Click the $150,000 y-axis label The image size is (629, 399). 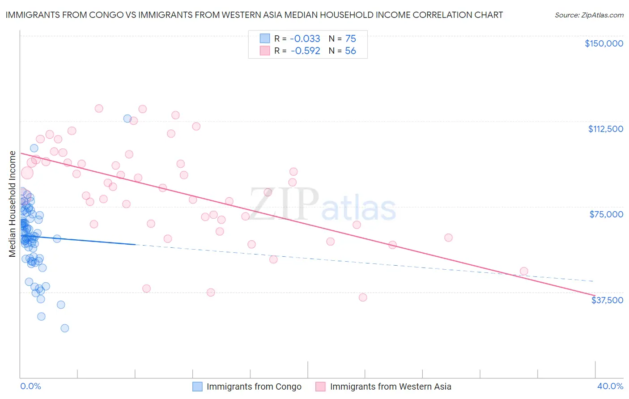click(603, 43)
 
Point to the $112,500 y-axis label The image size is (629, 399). click(605, 129)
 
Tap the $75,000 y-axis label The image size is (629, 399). click(606, 214)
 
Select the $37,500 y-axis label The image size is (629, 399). click(607, 300)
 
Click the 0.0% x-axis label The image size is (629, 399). click(30, 386)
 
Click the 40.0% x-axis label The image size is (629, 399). click(610, 386)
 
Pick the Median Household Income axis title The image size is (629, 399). click(13, 204)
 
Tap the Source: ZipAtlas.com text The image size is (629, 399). click(589, 15)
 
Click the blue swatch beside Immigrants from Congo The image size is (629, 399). click(198, 386)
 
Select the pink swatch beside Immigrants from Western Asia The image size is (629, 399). click(320, 386)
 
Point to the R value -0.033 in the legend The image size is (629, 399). click(305, 39)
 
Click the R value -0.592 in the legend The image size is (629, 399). click(305, 51)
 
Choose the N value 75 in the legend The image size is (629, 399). click(350, 39)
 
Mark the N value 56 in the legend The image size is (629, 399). click(350, 51)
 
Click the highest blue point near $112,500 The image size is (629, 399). click(127, 119)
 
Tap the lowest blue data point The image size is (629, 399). click(65, 328)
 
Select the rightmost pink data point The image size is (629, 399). click(524, 271)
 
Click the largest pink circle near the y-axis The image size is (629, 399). click(27, 173)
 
